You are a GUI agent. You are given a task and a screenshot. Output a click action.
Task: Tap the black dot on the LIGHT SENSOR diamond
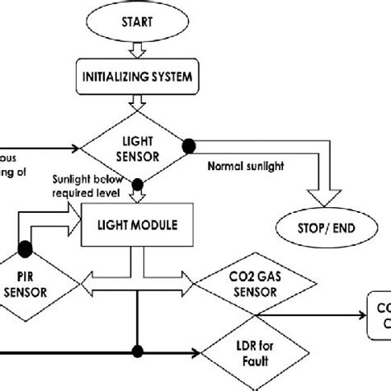click(x=189, y=144)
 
